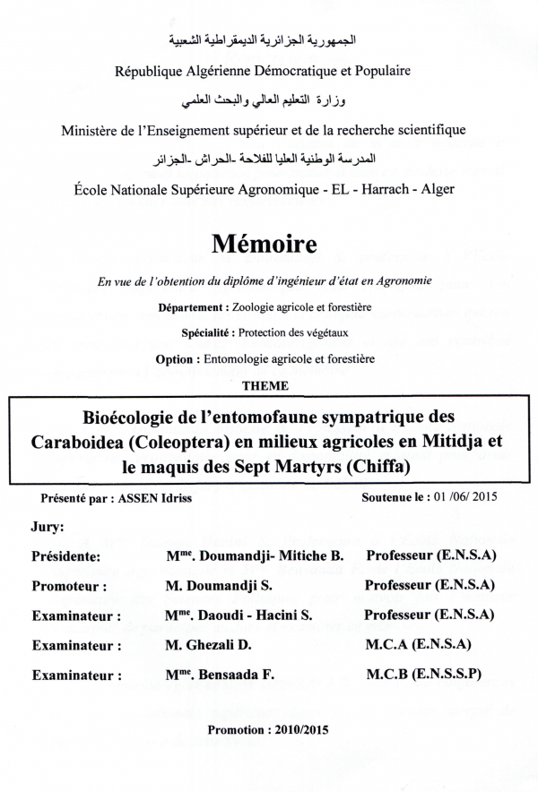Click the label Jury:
(48, 528)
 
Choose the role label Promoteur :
(70, 587)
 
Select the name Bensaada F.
(259, 675)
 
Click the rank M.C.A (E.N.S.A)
(419, 644)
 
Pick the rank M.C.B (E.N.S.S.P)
(424, 674)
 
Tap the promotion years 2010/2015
(299, 730)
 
